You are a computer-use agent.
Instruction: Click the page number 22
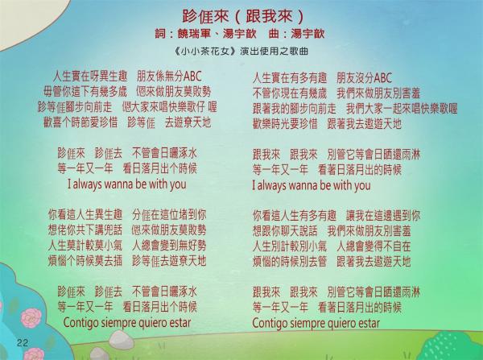(x=23, y=343)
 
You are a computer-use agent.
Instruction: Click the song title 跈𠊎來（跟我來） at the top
(x=243, y=16)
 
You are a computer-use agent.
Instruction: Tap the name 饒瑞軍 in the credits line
(x=195, y=34)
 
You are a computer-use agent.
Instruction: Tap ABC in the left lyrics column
(x=192, y=77)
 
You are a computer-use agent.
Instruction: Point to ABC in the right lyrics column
(x=382, y=77)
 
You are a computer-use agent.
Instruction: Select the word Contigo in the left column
(x=79, y=323)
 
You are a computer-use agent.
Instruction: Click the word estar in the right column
(x=369, y=324)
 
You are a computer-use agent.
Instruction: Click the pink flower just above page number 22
(x=31, y=318)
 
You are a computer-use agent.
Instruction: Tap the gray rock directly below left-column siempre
(x=121, y=340)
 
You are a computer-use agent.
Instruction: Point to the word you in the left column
(x=178, y=185)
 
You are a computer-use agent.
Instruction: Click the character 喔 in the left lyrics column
(x=213, y=107)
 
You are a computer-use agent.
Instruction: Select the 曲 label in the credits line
(x=274, y=34)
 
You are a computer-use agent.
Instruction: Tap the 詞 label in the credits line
(x=160, y=34)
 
